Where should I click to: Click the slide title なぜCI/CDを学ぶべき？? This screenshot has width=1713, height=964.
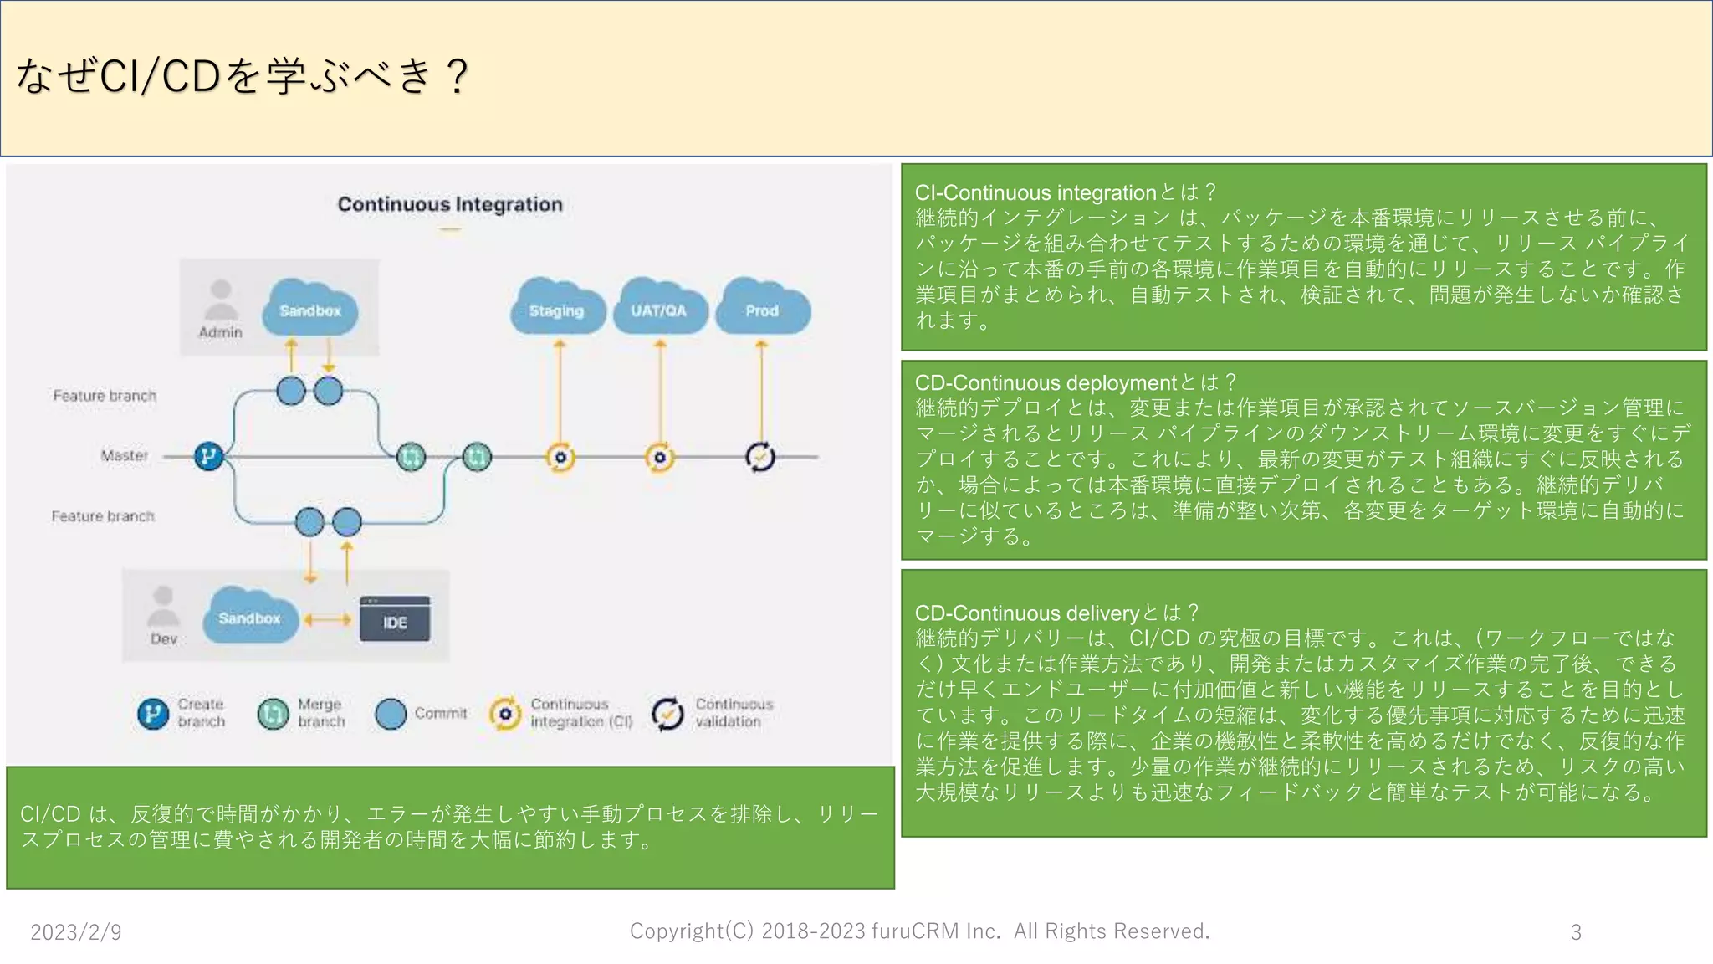pos(243,76)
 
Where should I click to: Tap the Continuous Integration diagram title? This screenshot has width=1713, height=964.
pos(450,204)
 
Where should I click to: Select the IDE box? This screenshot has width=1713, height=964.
pos(395,620)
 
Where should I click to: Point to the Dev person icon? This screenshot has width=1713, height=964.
pos(163,608)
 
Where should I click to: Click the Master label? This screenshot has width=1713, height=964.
pos(124,455)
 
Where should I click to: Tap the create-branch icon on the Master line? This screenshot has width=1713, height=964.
pos(208,456)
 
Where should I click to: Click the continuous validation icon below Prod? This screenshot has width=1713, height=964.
pos(759,457)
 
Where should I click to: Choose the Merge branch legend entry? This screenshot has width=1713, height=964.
pos(301,713)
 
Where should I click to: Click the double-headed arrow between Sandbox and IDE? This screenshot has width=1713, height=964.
pos(328,620)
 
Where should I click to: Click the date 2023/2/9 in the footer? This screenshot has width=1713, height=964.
pos(76,931)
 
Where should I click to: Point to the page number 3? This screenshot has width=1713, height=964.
pos(1576,931)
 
